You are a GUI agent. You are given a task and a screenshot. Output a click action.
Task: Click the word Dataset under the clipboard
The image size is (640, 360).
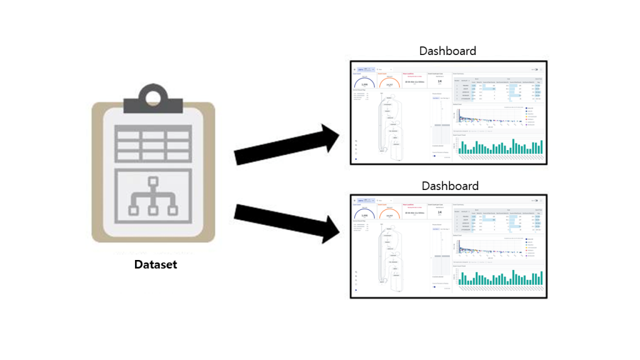(156, 264)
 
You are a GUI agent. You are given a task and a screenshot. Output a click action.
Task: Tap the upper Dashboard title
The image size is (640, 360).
(447, 51)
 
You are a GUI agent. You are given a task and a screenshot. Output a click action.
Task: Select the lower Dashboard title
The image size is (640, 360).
(450, 186)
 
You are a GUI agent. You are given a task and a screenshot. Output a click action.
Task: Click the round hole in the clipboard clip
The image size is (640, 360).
(153, 97)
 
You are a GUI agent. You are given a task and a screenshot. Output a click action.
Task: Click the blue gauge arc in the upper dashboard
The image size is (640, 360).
(364, 82)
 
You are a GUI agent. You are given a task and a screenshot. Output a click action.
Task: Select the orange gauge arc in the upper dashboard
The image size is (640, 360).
(389, 82)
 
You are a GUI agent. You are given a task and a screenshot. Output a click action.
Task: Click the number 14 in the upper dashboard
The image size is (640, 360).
(440, 81)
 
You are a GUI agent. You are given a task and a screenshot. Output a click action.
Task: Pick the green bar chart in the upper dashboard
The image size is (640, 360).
(500, 147)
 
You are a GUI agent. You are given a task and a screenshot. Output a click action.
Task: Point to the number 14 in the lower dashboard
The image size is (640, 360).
(440, 212)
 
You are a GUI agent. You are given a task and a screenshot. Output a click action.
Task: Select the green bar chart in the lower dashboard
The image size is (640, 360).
(500, 277)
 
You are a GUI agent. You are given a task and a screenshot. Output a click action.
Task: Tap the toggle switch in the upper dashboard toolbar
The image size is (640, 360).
(536, 69)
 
